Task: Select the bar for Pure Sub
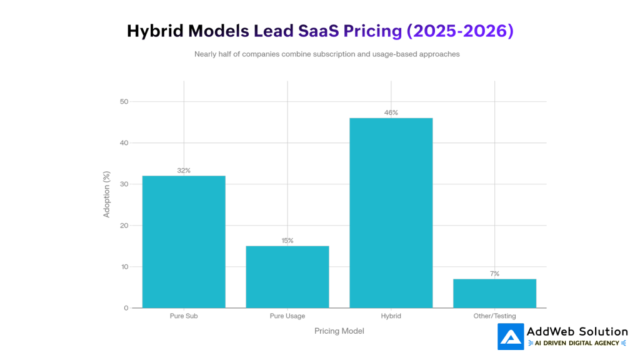click(184, 242)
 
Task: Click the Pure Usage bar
click(287, 277)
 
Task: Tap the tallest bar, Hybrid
click(391, 212)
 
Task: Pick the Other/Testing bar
click(494, 293)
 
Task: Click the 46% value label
click(391, 112)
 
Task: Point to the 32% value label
click(184, 171)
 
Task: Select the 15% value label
click(287, 241)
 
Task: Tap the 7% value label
click(494, 274)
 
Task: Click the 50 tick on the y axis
click(124, 102)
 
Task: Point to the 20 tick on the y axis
click(124, 226)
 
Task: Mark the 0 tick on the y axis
click(126, 308)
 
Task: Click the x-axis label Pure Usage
click(287, 316)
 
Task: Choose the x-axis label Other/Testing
click(494, 316)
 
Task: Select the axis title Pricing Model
click(339, 331)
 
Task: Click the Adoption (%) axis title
click(106, 194)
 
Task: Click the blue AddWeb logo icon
click(511, 337)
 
